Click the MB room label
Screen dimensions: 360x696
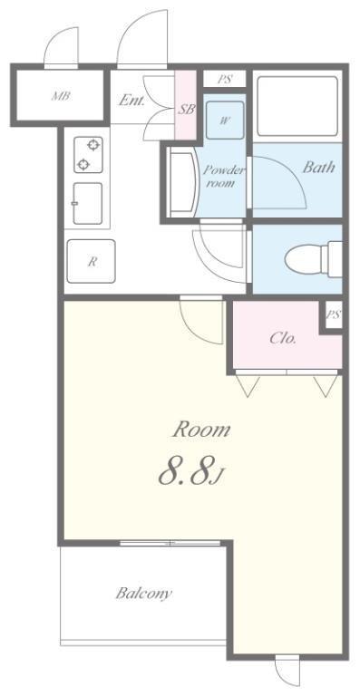tap(62, 95)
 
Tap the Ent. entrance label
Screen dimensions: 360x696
tap(131, 101)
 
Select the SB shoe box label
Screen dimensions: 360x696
tap(186, 109)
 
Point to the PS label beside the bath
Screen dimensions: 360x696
tap(225, 80)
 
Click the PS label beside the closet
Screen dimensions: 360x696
tap(334, 314)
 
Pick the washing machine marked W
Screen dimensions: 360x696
tap(225, 120)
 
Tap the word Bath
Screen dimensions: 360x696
tap(318, 168)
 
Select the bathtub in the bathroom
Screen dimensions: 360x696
tap(297, 106)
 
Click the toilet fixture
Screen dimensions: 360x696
tap(314, 259)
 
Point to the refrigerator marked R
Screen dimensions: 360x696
tap(92, 261)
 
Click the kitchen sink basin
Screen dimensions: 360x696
tap(87, 203)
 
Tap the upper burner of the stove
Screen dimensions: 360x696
tap(92, 145)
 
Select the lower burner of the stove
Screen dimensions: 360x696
tap(83, 165)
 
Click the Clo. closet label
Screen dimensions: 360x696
tap(283, 339)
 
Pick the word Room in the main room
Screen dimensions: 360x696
tap(202, 430)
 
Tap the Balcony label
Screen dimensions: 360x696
tap(144, 593)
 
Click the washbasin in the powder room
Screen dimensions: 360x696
tap(183, 182)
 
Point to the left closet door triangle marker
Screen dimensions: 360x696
tap(248, 385)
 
